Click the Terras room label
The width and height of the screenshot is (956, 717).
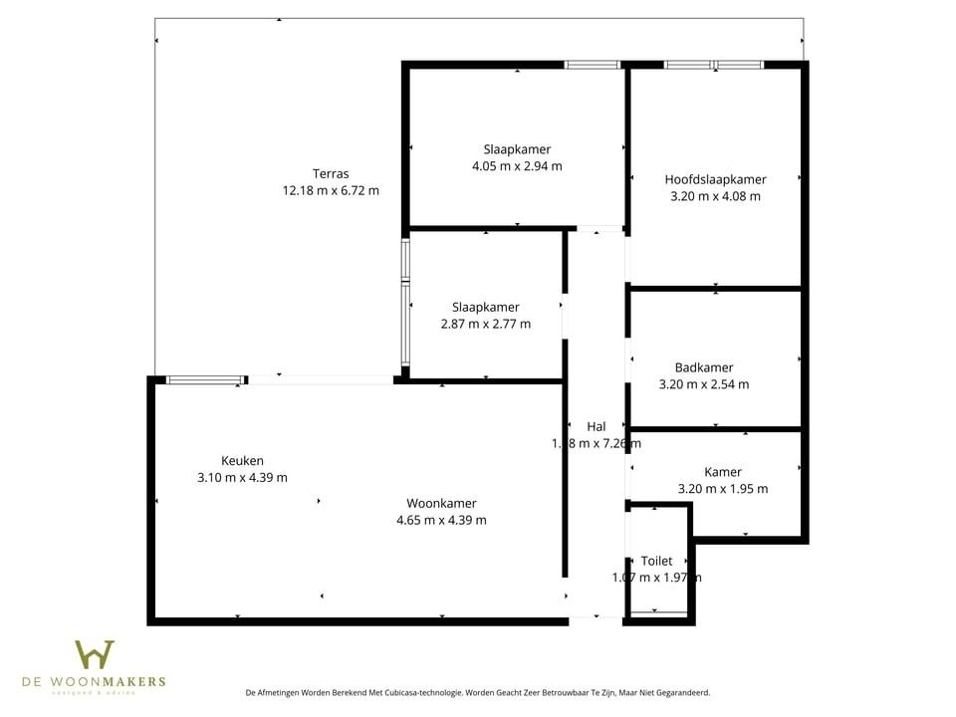pyautogui.click(x=331, y=173)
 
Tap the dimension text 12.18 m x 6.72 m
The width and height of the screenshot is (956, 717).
pyautogui.click(x=331, y=190)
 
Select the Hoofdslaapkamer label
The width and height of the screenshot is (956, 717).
pyautogui.click(x=715, y=179)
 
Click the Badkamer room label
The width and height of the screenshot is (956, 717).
pyautogui.click(x=703, y=367)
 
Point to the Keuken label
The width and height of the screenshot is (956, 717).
pyautogui.click(x=242, y=460)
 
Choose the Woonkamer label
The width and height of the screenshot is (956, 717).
pyautogui.click(x=441, y=503)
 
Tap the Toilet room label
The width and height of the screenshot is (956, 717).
pyautogui.click(x=656, y=561)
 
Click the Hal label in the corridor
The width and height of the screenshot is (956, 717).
pyautogui.click(x=597, y=426)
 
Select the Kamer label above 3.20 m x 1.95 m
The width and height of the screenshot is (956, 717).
pyautogui.click(x=722, y=472)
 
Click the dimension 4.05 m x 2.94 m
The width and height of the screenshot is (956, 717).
pyautogui.click(x=517, y=166)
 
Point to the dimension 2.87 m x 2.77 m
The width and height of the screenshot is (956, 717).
pyautogui.click(x=485, y=324)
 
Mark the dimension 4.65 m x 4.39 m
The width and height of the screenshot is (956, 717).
pyautogui.click(x=441, y=520)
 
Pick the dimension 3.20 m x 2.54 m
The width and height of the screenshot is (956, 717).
pyautogui.click(x=703, y=384)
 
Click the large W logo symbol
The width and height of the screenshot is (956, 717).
pyautogui.click(x=95, y=655)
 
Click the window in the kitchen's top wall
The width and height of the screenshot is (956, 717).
pyautogui.click(x=205, y=379)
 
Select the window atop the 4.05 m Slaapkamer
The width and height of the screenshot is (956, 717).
pyautogui.click(x=593, y=65)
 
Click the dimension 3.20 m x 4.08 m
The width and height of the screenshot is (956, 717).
pyautogui.click(x=715, y=196)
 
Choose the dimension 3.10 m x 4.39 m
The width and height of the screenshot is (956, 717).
pyautogui.click(x=242, y=477)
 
